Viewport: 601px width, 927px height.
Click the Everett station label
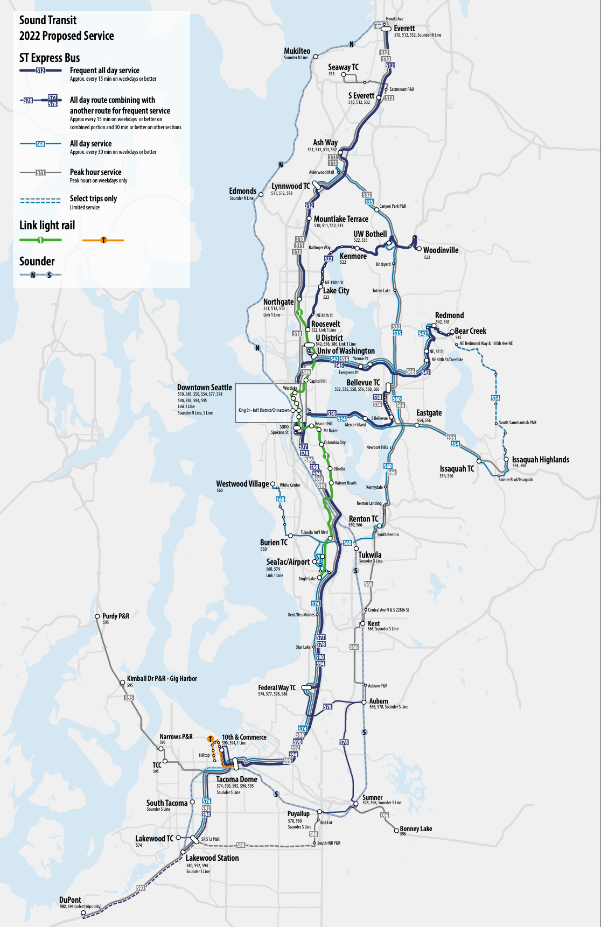pyautogui.click(x=404, y=29)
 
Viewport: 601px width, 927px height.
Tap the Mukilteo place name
pyautogui.click(x=297, y=51)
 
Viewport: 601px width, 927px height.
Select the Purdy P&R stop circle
pyautogui.click(x=97, y=616)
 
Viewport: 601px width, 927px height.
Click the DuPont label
pyautogui.click(x=70, y=900)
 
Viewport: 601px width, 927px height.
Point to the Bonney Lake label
pyautogui.click(x=416, y=828)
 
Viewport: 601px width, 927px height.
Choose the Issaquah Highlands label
pyautogui.click(x=540, y=459)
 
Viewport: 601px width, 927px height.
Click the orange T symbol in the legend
pyautogui.click(x=103, y=240)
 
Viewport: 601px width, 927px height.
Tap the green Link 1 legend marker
pyautogui.click(x=40, y=240)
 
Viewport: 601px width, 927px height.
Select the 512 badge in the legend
pyautogui.click(x=40, y=71)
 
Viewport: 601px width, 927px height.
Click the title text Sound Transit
pyautogui.click(x=48, y=20)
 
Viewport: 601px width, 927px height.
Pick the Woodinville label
pyautogui.click(x=441, y=250)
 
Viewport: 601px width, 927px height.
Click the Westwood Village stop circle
pyautogui.click(x=273, y=484)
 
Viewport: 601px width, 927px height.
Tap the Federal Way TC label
pyautogui.click(x=276, y=687)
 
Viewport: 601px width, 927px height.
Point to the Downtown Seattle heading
pyautogui.click(x=204, y=387)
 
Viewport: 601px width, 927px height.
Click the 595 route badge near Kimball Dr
pyautogui.click(x=129, y=698)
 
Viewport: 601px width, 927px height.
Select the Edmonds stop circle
pyautogui.click(x=261, y=194)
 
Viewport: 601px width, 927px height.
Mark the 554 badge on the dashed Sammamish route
pyautogui.click(x=495, y=398)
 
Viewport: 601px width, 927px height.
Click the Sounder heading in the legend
pyautogui.click(x=37, y=262)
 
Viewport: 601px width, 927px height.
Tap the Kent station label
pyautogui.click(x=374, y=623)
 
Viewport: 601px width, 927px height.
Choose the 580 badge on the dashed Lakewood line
pyautogui.click(x=241, y=845)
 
